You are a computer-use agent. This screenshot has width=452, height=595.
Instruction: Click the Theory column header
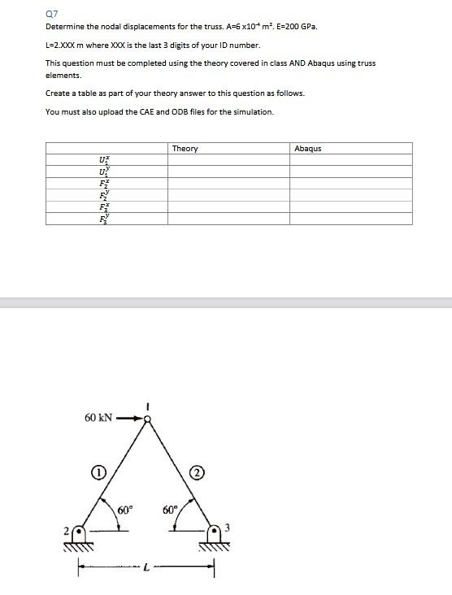pyautogui.click(x=185, y=149)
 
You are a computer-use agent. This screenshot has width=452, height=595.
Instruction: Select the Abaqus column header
pyautogui.click(x=308, y=149)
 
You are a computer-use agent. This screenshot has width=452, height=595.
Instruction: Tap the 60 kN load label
pyautogui.click(x=98, y=418)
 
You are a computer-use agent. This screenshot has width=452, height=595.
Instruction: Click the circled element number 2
pyautogui.click(x=197, y=471)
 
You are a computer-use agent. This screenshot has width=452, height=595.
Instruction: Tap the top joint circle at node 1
pyautogui.click(x=147, y=419)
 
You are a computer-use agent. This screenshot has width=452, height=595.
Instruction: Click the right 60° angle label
pyautogui.click(x=170, y=510)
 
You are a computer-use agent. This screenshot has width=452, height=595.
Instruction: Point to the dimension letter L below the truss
pyautogui.click(x=146, y=570)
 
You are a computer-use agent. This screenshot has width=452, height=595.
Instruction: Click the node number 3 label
pyautogui.click(x=228, y=528)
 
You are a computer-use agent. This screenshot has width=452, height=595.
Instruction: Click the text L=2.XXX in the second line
pyautogui.click(x=59, y=45)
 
